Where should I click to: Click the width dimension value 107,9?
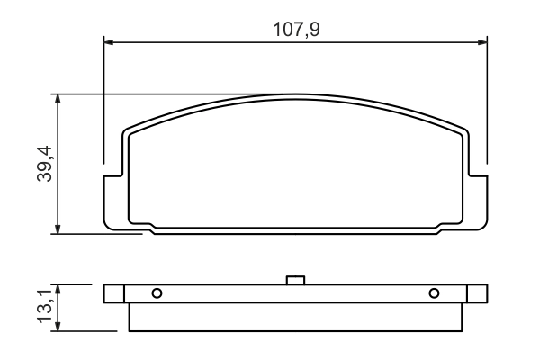point(297,29)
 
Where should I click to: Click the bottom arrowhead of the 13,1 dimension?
point(59,328)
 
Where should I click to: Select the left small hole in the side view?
point(157,293)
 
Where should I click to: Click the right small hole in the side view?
point(434,293)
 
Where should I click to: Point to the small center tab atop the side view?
point(295,280)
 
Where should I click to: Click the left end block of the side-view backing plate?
point(113,294)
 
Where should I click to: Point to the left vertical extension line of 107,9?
point(104,99)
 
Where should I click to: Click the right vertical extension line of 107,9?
point(487,99)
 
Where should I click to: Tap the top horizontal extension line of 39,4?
point(162,93)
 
